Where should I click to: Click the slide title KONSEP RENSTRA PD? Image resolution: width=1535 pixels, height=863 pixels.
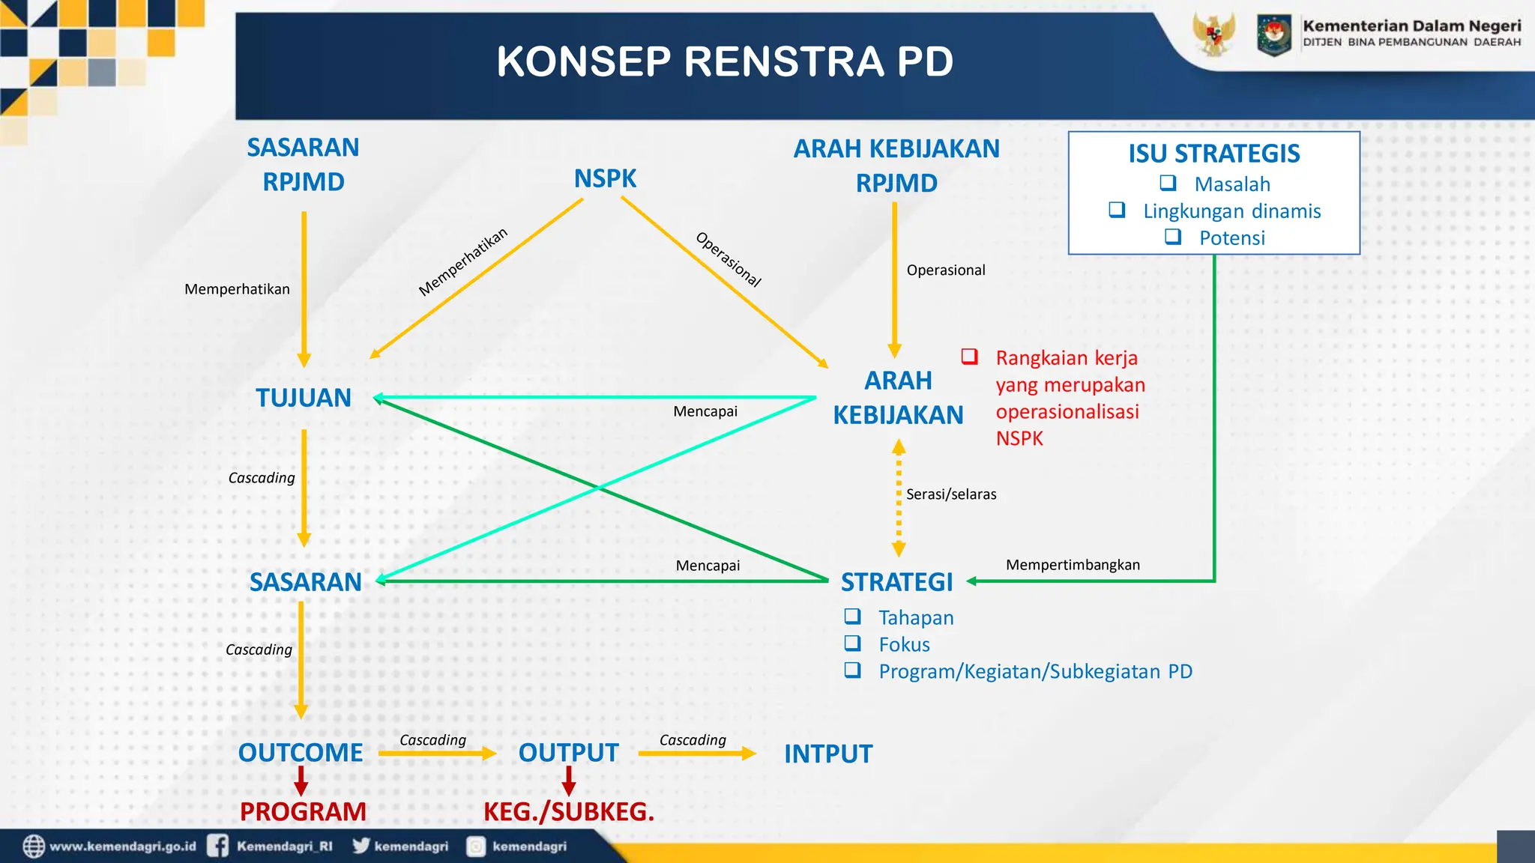pos(724,61)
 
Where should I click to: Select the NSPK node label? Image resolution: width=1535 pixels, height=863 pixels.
pos(605,179)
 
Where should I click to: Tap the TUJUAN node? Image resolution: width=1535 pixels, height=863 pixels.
pos(304,398)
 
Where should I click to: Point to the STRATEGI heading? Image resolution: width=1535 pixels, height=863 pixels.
pos(896,582)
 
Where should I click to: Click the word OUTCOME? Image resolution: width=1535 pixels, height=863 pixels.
pos(301,753)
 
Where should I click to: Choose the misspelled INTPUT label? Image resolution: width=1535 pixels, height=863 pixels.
pos(828,754)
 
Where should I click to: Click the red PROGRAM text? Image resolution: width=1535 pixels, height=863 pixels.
pos(303,812)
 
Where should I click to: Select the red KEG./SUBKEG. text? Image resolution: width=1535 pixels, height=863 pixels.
pos(568,812)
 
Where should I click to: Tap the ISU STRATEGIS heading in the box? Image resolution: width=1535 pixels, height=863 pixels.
pos(1213,154)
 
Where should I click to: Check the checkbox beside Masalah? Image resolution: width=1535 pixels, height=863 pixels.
pos(1168,183)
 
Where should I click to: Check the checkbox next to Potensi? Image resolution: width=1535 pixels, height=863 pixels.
pos(1173,237)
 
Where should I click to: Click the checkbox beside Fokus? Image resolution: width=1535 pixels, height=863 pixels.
pos(852,644)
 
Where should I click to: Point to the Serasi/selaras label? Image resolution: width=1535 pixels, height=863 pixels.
pos(950,494)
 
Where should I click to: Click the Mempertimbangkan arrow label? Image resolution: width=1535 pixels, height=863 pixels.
pos(1072,565)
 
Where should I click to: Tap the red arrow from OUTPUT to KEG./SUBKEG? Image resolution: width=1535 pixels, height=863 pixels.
pos(569,781)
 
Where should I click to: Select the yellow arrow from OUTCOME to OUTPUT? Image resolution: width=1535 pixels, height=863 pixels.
pos(437,754)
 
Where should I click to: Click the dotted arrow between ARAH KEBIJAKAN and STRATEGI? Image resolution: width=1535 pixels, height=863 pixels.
pos(899,498)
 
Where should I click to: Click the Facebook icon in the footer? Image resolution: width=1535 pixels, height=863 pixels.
pos(218,846)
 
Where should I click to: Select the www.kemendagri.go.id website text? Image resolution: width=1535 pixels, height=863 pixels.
pos(122,847)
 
